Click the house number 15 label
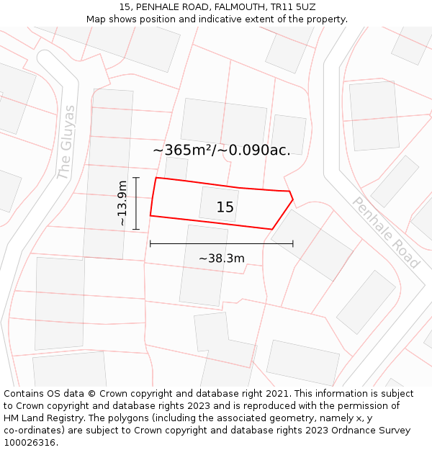pos(225,207)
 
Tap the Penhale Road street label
pos(386,232)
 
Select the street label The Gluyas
pos(66,143)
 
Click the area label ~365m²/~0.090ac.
pos(222,150)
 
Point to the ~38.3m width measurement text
pos(222,258)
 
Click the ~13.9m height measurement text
pos(122,203)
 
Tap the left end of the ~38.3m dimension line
pos(150,244)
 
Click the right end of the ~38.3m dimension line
pos(293,244)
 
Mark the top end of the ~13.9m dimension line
pos(136,177)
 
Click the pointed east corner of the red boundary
pos(293,199)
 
